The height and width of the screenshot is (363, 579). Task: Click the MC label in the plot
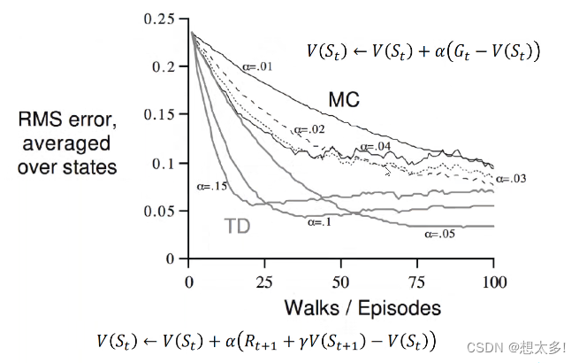pos(343,100)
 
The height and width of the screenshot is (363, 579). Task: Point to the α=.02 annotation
pos(311,129)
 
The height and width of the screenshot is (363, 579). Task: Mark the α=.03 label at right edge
pos(510,179)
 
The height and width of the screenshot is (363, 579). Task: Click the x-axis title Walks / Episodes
pos(362,307)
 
